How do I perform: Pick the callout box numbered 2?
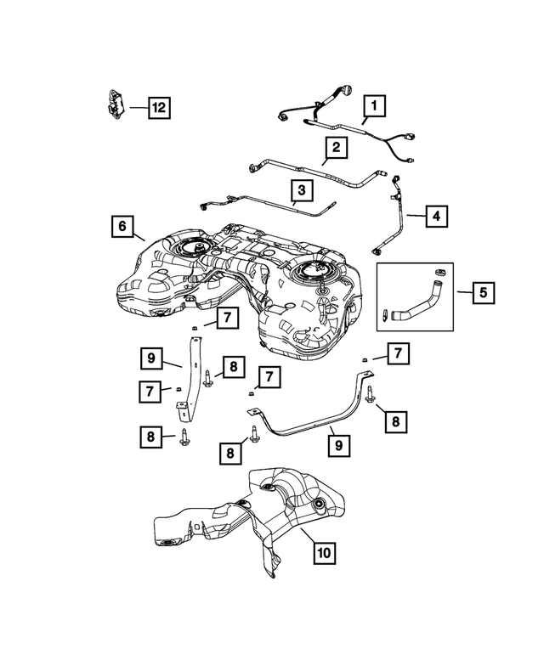[x=337, y=148]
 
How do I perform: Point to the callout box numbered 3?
[x=301, y=189]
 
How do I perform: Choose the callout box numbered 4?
[x=435, y=217]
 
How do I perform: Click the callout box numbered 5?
[x=484, y=293]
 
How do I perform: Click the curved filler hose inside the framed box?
[x=416, y=301]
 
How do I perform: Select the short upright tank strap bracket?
[x=190, y=374]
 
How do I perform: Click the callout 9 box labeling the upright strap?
[x=150, y=358]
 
